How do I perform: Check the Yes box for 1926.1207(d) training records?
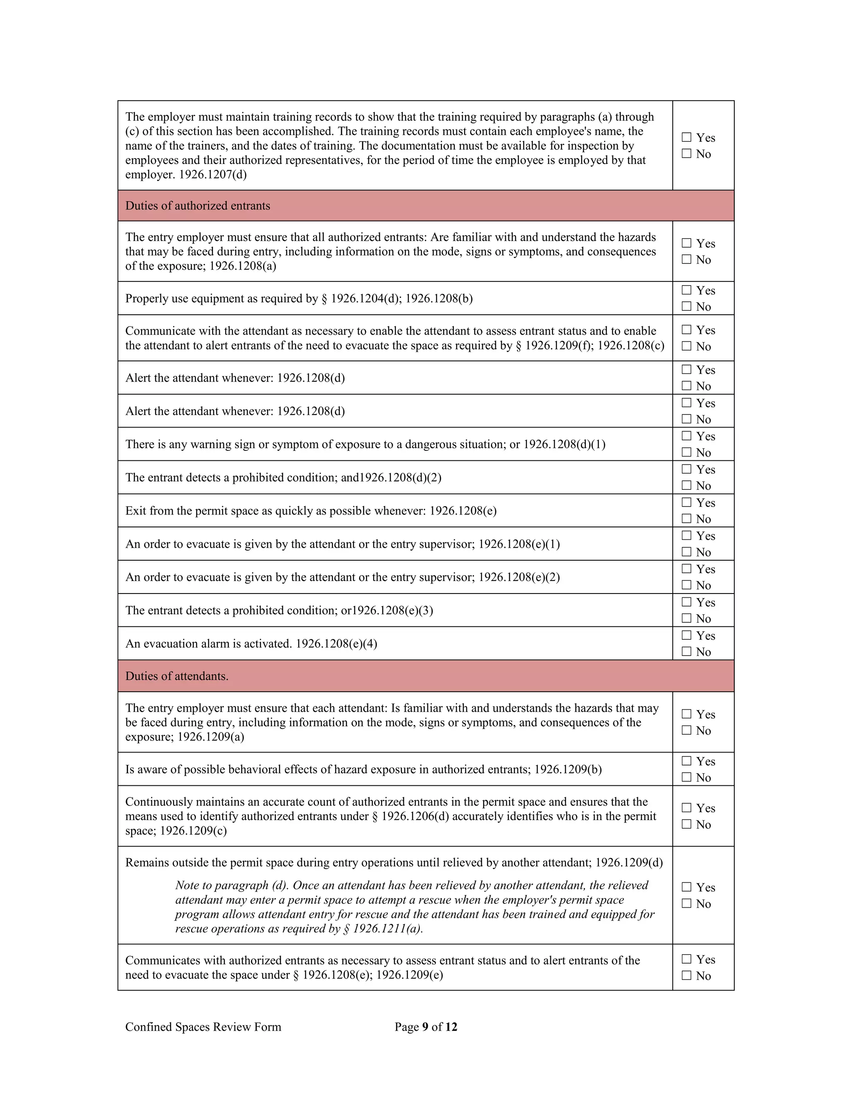[686, 137]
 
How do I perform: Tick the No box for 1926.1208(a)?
[686, 260]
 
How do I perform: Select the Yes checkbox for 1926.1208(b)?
[686, 291]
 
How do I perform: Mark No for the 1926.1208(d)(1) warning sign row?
[686, 452]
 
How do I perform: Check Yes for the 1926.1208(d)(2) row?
[686, 469]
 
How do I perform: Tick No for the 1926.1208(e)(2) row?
[686, 585]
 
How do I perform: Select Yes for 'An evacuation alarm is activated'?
[686, 635]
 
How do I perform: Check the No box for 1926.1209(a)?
[686, 730]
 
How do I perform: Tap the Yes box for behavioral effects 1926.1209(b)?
[686, 761]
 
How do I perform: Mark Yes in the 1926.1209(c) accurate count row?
[686, 808]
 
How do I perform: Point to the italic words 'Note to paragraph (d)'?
[231, 885]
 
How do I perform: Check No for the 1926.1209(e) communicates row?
[686, 976]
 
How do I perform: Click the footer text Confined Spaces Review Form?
[203, 1027]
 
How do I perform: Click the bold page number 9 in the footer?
[425, 1027]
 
